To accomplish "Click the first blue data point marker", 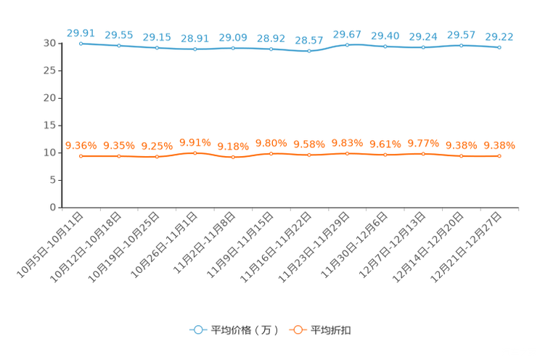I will [81, 44].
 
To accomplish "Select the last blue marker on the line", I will [499, 48].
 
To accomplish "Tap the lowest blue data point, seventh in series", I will [309, 52].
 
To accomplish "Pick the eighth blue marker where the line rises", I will [347, 44].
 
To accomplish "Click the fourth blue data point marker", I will [195, 49].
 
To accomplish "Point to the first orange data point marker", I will [81, 156].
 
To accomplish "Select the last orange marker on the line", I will [499, 156].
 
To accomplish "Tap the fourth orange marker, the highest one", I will [195, 152].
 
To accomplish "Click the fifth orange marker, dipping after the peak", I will [233, 157].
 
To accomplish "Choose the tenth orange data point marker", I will [423, 154].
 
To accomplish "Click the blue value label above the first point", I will [81, 32].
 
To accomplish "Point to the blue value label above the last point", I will [499, 36].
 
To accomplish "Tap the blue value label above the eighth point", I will [347, 33].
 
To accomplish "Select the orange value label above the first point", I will [81, 145].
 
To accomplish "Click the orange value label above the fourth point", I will [195, 142].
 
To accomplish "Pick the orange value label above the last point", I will [499, 145].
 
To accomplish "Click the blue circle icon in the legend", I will [197, 330].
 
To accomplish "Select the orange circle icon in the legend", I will [296, 330].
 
